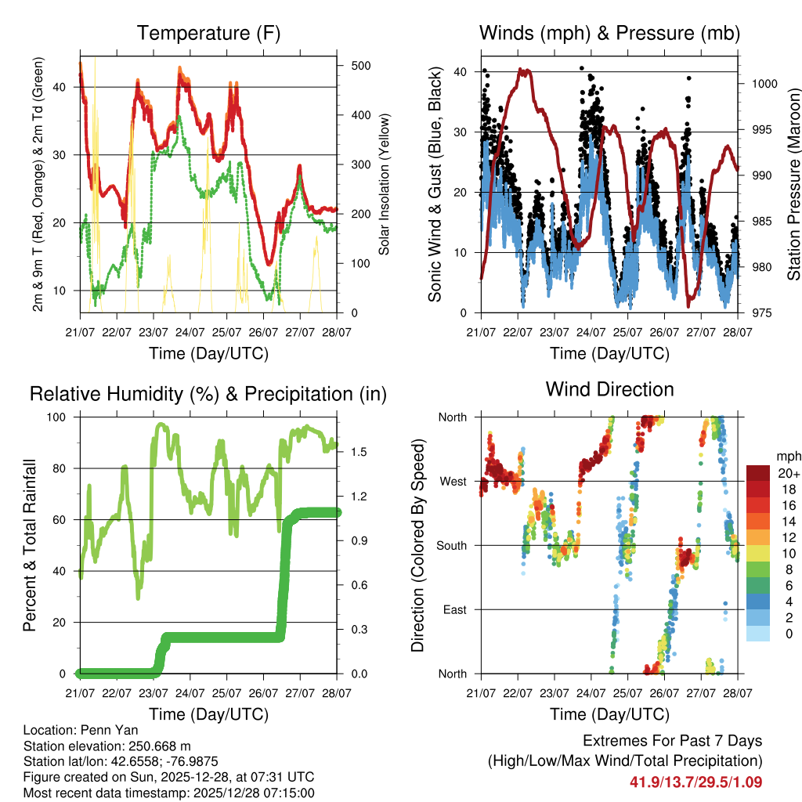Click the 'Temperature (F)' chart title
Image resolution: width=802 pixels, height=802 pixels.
(x=208, y=33)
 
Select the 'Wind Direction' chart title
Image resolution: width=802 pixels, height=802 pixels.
(x=609, y=389)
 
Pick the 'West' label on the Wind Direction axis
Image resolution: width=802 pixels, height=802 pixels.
(x=452, y=481)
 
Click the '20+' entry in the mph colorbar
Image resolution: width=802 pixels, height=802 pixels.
(x=789, y=473)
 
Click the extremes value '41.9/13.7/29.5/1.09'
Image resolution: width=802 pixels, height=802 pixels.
(x=695, y=782)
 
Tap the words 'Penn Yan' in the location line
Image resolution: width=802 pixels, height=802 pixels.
(x=105, y=730)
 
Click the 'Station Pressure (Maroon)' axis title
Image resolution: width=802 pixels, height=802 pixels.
(x=793, y=184)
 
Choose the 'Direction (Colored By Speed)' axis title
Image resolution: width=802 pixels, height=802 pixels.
(x=418, y=544)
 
